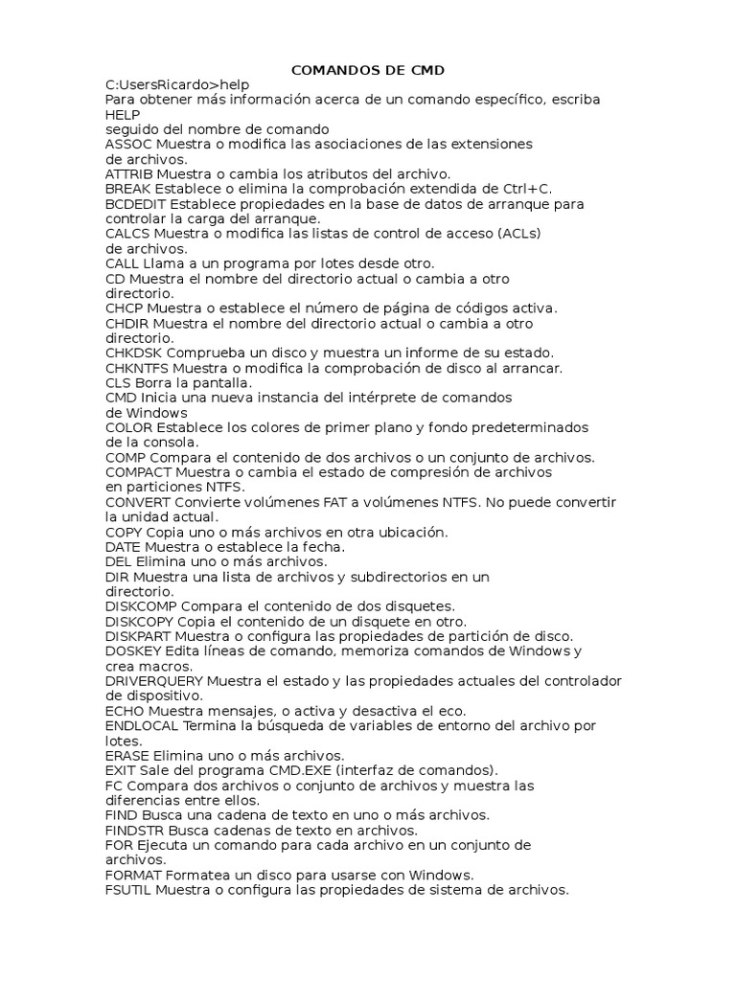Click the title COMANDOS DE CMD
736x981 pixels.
pos(368,70)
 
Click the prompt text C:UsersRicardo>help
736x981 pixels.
pos(177,84)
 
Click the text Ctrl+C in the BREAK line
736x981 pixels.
pos(529,189)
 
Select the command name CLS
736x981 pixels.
pos(118,382)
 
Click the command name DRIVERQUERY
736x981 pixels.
pos(153,681)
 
